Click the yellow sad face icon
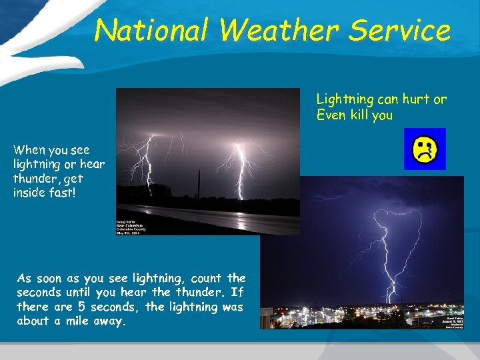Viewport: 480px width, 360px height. point(425,149)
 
